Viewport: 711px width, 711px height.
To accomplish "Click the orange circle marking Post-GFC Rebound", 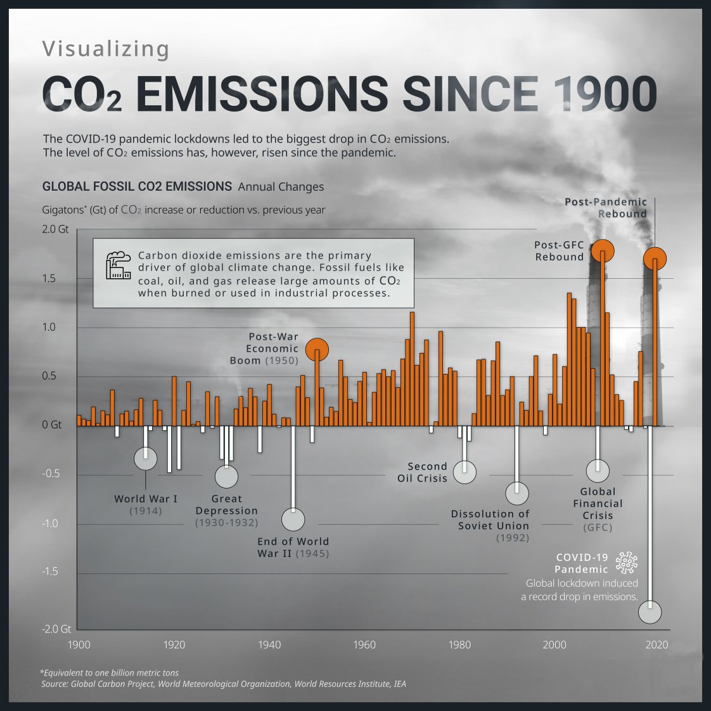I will (x=602, y=251).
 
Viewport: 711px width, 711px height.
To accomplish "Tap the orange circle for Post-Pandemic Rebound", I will (x=655, y=259).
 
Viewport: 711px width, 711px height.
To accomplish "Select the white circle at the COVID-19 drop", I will (x=650, y=612).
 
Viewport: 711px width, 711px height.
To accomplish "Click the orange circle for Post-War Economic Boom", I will (x=317, y=349).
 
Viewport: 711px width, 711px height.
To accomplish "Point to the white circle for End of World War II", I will (x=293, y=520).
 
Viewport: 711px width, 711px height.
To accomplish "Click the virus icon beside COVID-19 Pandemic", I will (x=626, y=563).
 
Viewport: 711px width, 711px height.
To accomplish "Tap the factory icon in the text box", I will (x=118, y=266).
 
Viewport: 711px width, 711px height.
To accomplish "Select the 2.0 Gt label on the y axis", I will (x=55, y=229).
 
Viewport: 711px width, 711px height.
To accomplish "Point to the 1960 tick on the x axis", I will (x=364, y=644).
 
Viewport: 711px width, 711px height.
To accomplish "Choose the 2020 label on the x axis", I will (x=657, y=644).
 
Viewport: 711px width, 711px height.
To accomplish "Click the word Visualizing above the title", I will (x=106, y=49).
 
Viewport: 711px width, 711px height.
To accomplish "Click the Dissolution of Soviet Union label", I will (x=490, y=520).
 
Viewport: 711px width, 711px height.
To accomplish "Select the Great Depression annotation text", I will (x=226, y=505).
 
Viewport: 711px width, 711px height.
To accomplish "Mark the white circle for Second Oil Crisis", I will (x=464, y=472).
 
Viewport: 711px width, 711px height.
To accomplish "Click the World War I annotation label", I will (x=146, y=499).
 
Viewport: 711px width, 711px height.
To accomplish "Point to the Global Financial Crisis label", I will (x=598, y=504).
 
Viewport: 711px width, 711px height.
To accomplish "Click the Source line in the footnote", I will (x=223, y=684).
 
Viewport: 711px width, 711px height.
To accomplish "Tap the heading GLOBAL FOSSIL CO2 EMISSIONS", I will (x=137, y=187).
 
